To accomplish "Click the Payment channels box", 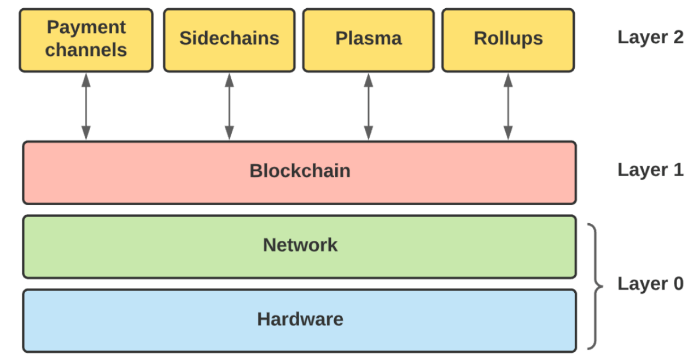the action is point(86,40).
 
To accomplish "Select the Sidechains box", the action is point(229,40).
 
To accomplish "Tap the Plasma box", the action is point(369,40).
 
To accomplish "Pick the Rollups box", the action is point(508,40).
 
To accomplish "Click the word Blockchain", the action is point(300,171).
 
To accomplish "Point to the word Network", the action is point(300,245).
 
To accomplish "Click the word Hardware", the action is point(300,319).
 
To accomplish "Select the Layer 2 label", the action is point(650,38).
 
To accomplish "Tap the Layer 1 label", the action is point(650,170).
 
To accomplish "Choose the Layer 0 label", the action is point(650,284).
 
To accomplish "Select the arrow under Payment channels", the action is point(86,106).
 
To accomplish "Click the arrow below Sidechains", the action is point(229,106).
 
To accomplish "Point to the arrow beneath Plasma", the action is point(369,106).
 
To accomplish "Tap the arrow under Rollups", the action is point(508,106).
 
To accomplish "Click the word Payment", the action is point(86,27).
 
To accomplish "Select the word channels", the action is point(86,50).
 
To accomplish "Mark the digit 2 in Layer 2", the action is point(678,37).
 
